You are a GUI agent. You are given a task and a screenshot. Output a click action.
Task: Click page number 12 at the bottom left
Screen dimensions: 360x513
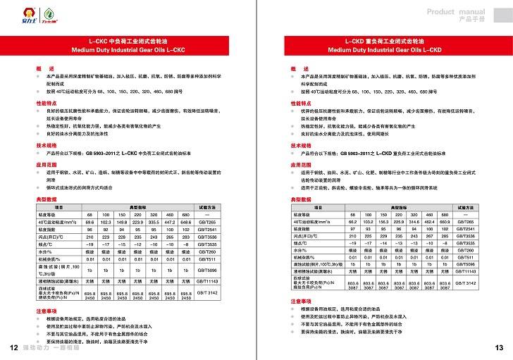point(13,348)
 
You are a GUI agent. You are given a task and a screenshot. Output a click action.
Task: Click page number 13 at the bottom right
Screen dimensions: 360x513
point(500,348)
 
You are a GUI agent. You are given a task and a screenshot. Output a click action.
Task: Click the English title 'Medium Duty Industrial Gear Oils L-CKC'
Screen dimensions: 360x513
point(132,50)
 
